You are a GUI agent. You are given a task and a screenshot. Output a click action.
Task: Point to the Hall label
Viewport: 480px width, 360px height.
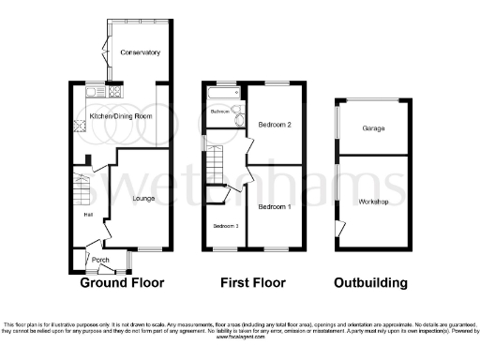point(87,215)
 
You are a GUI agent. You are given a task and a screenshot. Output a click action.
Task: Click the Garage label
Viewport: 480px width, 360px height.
point(373,128)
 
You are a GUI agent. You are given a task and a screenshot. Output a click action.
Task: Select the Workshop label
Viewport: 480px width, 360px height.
point(373,202)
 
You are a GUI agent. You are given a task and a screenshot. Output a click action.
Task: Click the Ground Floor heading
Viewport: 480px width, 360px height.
point(122,282)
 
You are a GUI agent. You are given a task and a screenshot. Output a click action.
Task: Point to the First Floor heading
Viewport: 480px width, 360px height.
point(253,282)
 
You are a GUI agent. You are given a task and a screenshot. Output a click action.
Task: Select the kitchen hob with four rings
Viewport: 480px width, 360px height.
point(115,92)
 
